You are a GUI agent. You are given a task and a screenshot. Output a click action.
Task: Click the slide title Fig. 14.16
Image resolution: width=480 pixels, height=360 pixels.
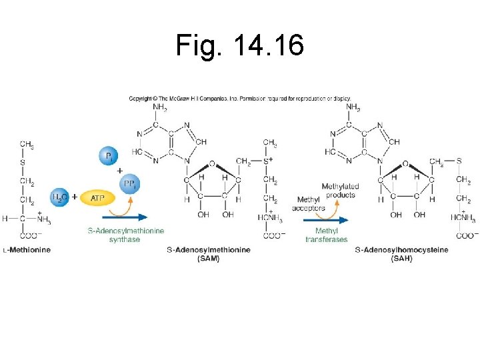240,45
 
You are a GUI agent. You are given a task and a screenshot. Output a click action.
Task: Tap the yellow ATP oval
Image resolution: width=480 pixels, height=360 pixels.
97,197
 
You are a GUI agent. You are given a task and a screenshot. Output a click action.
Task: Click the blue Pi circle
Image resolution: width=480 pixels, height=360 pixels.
109,156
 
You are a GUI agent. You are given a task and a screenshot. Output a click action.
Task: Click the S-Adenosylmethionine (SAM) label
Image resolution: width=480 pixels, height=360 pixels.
209,253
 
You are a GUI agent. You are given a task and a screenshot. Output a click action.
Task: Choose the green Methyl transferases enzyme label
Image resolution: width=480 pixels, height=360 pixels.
327,235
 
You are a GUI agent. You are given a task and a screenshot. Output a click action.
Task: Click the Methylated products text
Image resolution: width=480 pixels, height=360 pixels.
340,190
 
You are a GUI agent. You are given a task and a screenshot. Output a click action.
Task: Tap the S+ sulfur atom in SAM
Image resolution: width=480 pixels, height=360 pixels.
269,161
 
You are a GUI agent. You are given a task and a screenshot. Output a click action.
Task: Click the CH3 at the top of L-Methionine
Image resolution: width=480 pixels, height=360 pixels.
27,144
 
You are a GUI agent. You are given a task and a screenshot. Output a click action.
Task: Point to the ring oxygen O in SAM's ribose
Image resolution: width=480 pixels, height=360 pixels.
211,163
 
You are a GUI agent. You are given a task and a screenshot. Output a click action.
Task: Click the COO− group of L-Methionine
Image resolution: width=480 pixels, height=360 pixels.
28,235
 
